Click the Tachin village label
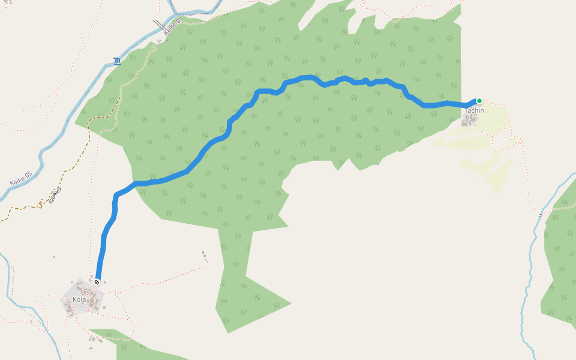tap(474, 110)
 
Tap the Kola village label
tap(79, 299)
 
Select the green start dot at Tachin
tap(479, 101)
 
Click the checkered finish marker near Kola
tap(97, 281)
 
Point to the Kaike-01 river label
tap(172, 26)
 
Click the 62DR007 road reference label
tap(56, 195)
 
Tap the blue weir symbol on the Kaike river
tap(116, 61)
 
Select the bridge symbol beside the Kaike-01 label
tap(159, 25)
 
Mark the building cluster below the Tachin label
tap(469, 121)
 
